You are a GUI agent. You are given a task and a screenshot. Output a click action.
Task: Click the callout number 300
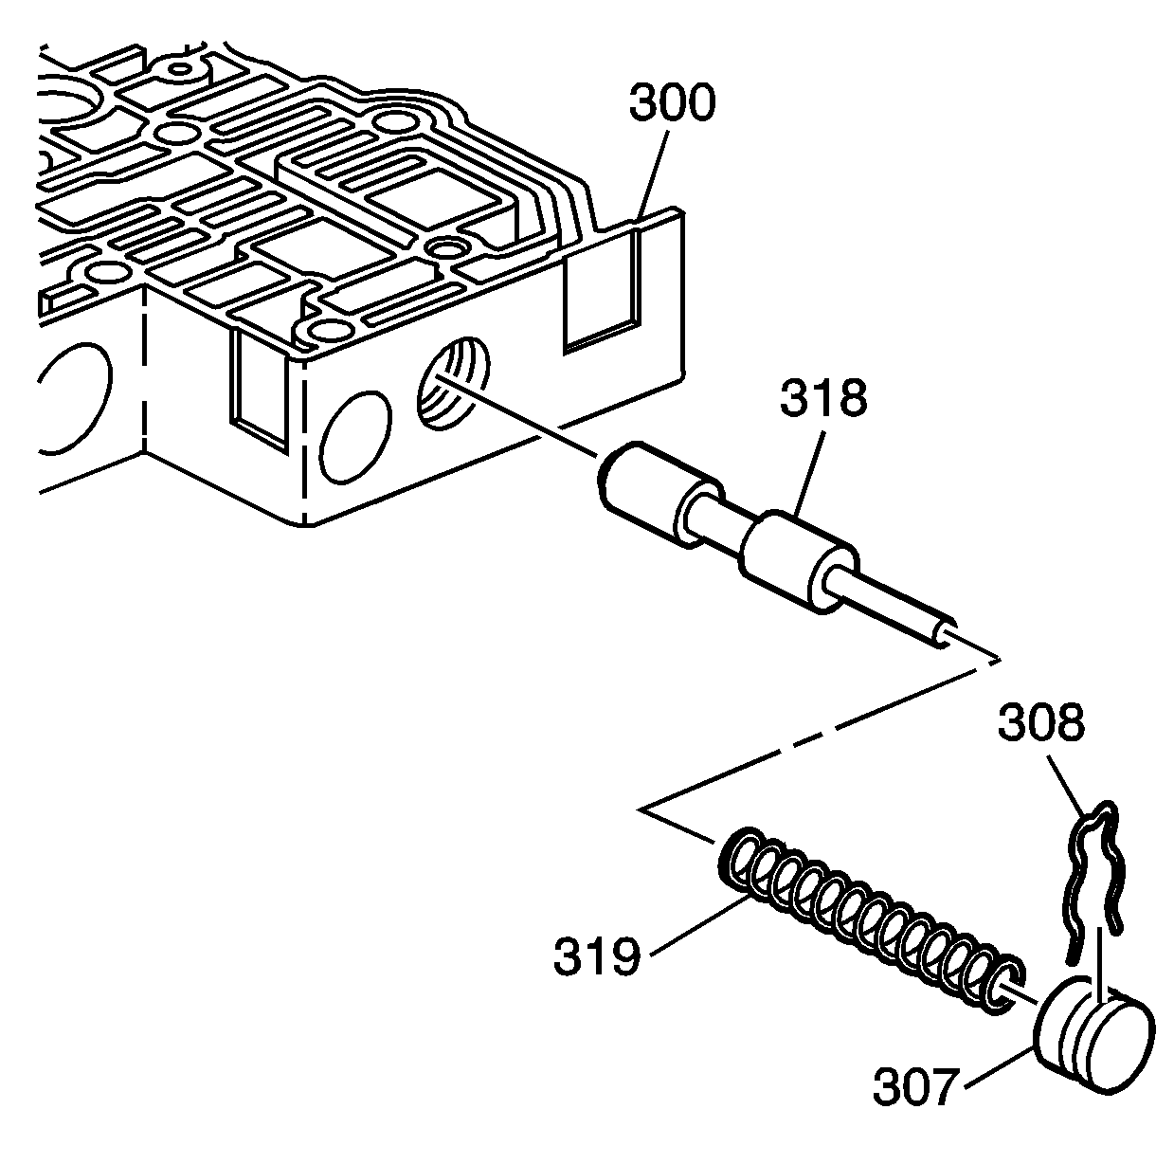(672, 104)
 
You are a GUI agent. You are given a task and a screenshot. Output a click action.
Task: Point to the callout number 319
(597, 958)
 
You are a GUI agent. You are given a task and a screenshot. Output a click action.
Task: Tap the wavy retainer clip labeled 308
(1094, 867)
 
